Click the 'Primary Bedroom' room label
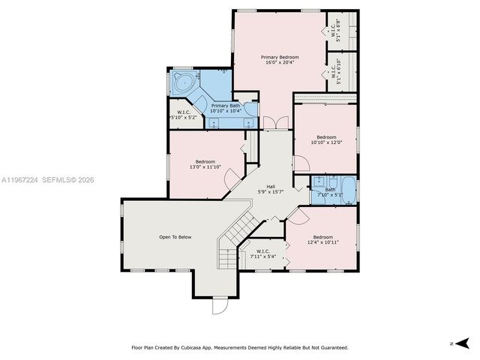[280, 57]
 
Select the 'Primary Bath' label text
[225, 106]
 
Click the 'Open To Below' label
[175, 237]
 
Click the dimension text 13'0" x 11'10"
[205, 167]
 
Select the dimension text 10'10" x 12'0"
[326, 142]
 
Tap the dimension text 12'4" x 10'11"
[322, 242]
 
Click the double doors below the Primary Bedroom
[269, 122]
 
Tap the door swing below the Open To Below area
[219, 307]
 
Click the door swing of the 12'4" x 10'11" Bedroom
[295, 215]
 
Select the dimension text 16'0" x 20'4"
[280, 63]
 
